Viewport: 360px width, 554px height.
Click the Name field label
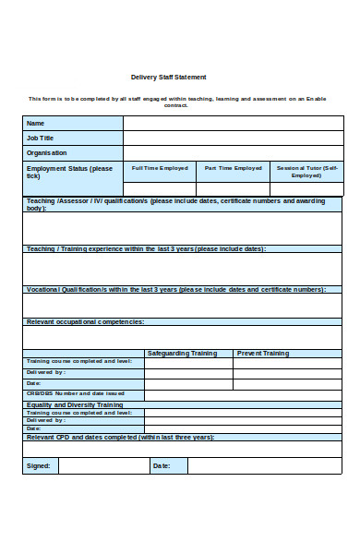pyautogui.click(x=35, y=124)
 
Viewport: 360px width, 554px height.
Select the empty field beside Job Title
pyautogui.click(x=233, y=138)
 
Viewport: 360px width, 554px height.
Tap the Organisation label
pyautogui.click(x=47, y=152)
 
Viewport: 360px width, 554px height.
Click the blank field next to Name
pyautogui.click(x=233, y=124)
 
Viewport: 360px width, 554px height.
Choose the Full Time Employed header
pyautogui.click(x=160, y=168)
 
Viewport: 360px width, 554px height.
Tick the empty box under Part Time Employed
pyautogui.click(x=234, y=188)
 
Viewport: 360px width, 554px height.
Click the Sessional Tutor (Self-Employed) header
pyautogui.click(x=307, y=171)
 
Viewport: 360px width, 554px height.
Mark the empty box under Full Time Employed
pyautogui.click(x=160, y=188)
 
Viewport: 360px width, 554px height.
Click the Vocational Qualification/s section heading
pyautogui.click(x=175, y=289)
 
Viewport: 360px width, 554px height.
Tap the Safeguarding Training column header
pyautogui.click(x=183, y=353)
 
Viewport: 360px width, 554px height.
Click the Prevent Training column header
pyautogui.click(x=263, y=353)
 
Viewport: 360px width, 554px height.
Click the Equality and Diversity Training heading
pyautogui.click(x=75, y=404)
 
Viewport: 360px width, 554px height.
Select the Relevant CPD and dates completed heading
pyautogui.click(x=120, y=437)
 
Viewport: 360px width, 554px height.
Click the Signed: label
pyautogui.click(x=39, y=465)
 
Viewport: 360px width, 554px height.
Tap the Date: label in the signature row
pyautogui.click(x=162, y=465)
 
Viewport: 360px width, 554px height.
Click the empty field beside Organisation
pyautogui.click(x=233, y=152)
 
